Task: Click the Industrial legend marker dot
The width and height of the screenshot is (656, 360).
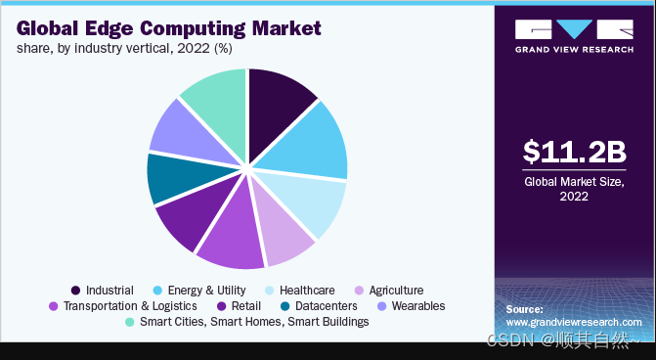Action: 75,291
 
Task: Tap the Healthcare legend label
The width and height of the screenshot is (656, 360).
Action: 307,291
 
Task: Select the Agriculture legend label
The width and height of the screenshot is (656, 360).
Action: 396,291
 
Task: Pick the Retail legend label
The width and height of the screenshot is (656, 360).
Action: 246,306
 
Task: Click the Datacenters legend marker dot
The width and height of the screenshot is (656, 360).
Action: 285,306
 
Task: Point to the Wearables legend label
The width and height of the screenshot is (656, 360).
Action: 418,306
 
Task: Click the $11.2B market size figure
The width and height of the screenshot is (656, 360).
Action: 575,151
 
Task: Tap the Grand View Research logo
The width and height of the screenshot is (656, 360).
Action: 574,36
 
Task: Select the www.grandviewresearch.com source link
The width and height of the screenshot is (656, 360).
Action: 574,322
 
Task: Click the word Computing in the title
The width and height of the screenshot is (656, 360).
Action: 194,29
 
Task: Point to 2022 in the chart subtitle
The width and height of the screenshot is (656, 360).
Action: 194,49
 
